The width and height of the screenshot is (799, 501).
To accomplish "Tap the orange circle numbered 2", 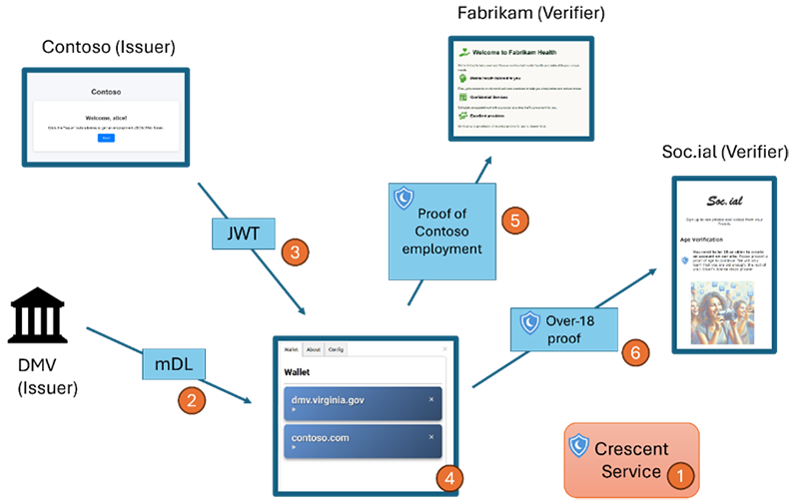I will coord(191,402).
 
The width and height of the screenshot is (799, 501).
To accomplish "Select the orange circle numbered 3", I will coord(293,252).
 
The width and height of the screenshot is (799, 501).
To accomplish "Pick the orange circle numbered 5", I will coord(514,221).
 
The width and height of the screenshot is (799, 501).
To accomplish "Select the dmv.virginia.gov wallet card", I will coord(361,404).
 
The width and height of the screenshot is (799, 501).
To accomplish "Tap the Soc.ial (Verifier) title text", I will coord(725,152).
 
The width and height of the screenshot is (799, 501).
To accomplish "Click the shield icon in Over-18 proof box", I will coord(530,322).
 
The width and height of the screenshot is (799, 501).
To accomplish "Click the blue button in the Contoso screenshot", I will coord(106,138).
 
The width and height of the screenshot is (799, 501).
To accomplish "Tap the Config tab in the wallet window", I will coord(336,350).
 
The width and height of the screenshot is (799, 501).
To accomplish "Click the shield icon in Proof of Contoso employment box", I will coord(403,197).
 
